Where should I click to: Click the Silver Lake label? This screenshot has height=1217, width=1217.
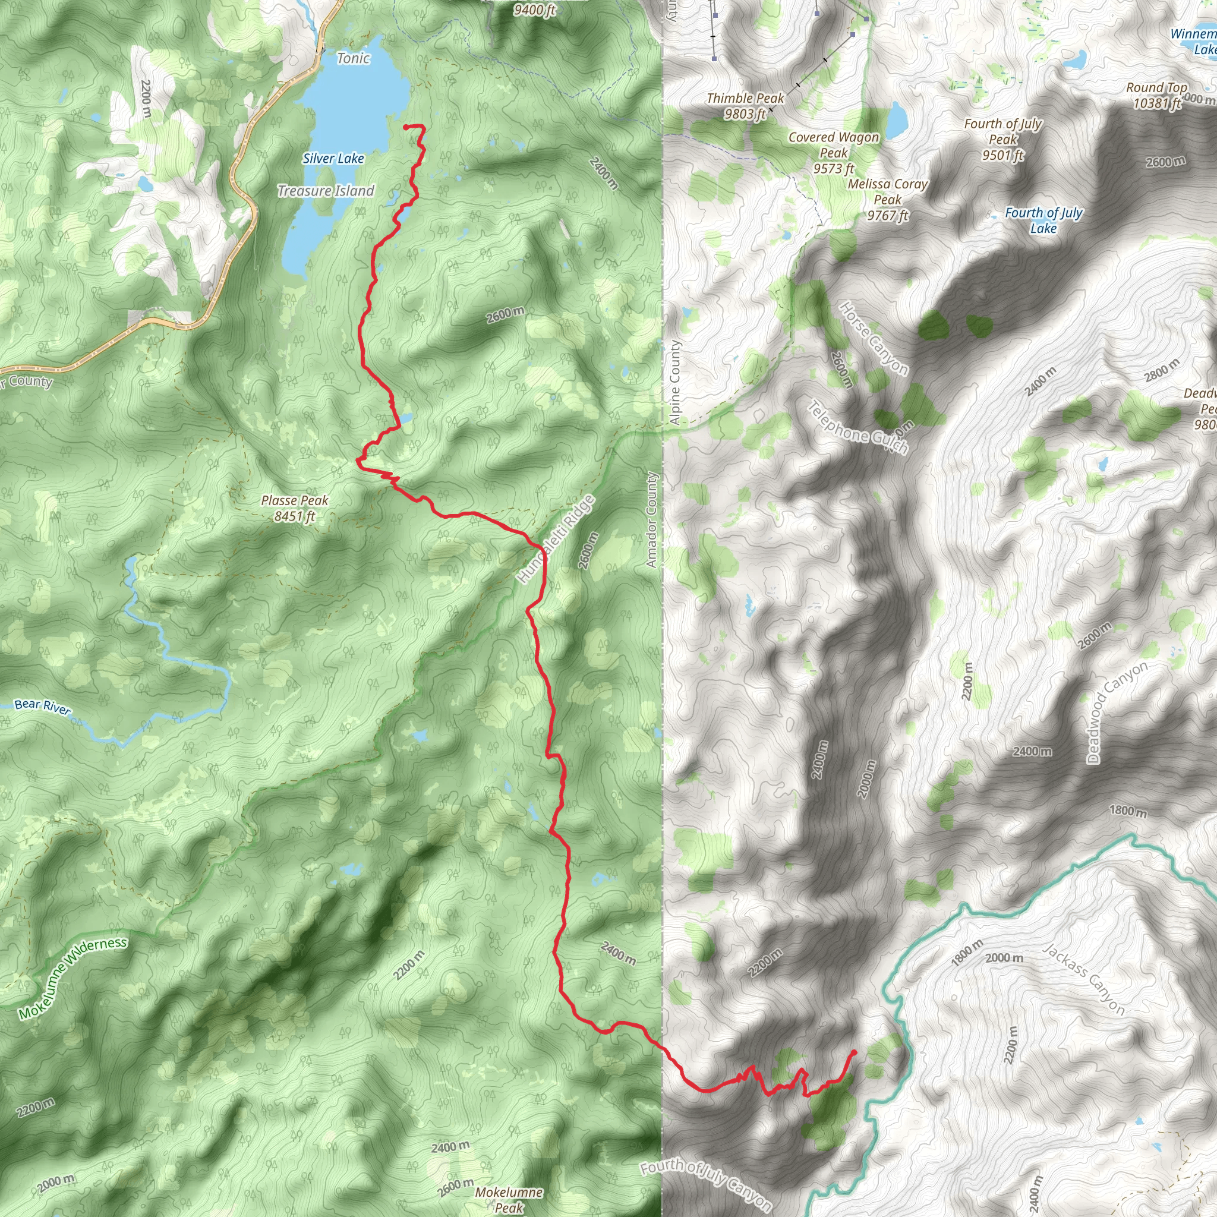pyautogui.click(x=333, y=159)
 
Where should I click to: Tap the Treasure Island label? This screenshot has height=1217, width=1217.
pyautogui.click(x=326, y=191)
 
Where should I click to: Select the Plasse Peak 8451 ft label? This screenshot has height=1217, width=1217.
pyautogui.click(x=295, y=508)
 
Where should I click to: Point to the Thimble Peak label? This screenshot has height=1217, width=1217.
pyautogui.click(x=745, y=106)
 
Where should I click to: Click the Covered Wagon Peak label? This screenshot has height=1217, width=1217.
pyautogui.click(x=833, y=153)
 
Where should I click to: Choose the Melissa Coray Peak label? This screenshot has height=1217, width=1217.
pyautogui.click(x=888, y=200)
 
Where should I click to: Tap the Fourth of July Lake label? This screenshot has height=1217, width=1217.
pyautogui.click(x=1043, y=220)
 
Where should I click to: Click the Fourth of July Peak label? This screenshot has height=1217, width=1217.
pyautogui.click(x=1003, y=139)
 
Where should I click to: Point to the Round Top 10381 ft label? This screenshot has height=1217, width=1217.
pyautogui.click(x=1156, y=95)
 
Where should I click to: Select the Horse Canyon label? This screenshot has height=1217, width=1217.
pyautogui.click(x=874, y=339)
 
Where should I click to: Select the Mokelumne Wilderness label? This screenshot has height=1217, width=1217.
pyautogui.click(x=72, y=978)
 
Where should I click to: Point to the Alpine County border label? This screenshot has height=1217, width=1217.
pyautogui.click(x=674, y=382)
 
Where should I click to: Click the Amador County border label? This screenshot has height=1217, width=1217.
pyautogui.click(x=652, y=520)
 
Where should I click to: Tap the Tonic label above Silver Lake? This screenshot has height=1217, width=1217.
pyautogui.click(x=353, y=59)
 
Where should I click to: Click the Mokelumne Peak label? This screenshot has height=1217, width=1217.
pyautogui.click(x=509, y=1199)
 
